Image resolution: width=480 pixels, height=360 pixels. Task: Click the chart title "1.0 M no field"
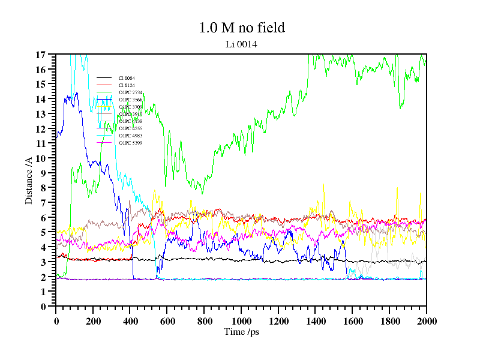(242, 28)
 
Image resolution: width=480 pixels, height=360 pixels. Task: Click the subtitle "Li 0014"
(241, 44)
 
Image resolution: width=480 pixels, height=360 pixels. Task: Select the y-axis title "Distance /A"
(29, 180)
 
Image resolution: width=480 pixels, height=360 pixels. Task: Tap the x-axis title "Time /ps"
(241, 332)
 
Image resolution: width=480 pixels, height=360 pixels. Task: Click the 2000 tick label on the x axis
(426, 321)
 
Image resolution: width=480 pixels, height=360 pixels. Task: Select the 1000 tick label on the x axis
(241, 321)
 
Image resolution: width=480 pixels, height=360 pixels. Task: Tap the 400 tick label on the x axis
(130, 321)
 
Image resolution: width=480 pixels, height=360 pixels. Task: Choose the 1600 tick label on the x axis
(352, 321)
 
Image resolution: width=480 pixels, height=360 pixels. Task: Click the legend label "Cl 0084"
(127, 79)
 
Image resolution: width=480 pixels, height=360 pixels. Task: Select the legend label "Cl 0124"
(127, 86)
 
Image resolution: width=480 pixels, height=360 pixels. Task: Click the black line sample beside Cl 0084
(104, 79)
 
